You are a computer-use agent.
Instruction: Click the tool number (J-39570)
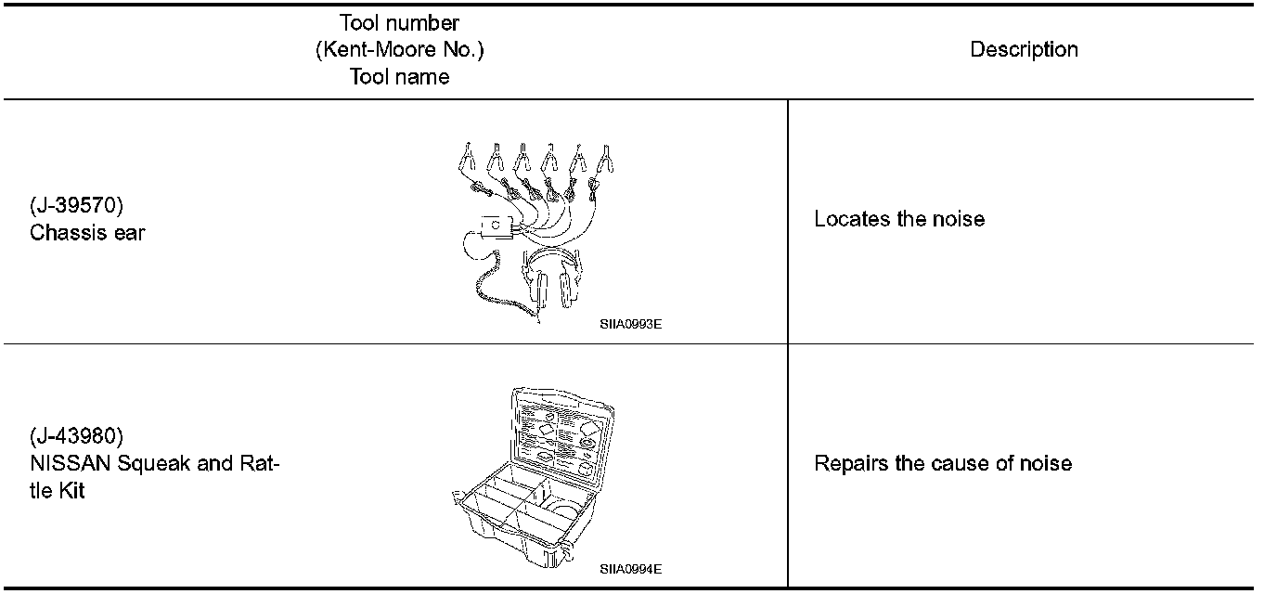point(77,207)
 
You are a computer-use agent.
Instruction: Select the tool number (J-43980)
point(77,435)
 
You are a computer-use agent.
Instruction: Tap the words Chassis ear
point(87,233)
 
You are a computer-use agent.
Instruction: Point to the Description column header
point(1024,50)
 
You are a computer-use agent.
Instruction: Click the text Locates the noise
point(898,220)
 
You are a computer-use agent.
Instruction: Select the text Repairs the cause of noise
point(942,463)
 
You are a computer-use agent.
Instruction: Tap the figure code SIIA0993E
point(630,326)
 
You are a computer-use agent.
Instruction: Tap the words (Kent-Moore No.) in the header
point(399,50)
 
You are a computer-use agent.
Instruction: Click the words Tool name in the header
point(399,77)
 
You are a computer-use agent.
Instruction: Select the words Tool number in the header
point(399,23)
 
